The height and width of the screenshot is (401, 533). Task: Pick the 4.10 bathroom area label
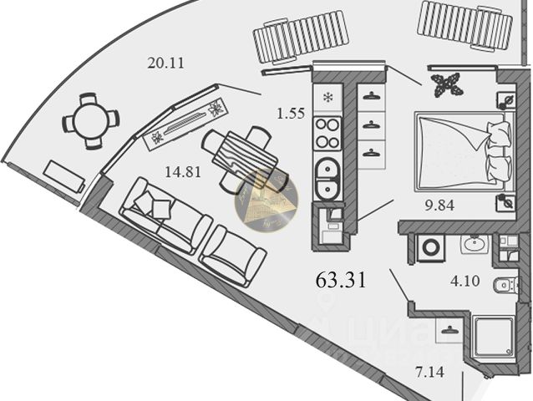click(465, 281)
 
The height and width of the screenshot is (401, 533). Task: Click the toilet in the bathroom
click(505, 287)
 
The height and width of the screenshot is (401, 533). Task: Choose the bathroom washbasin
click(477, 245)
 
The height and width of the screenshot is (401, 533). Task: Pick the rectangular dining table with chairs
click(246, 155)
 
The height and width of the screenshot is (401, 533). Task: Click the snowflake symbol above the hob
click(327, 97)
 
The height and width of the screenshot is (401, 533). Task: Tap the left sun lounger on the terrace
click(301, 37)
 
